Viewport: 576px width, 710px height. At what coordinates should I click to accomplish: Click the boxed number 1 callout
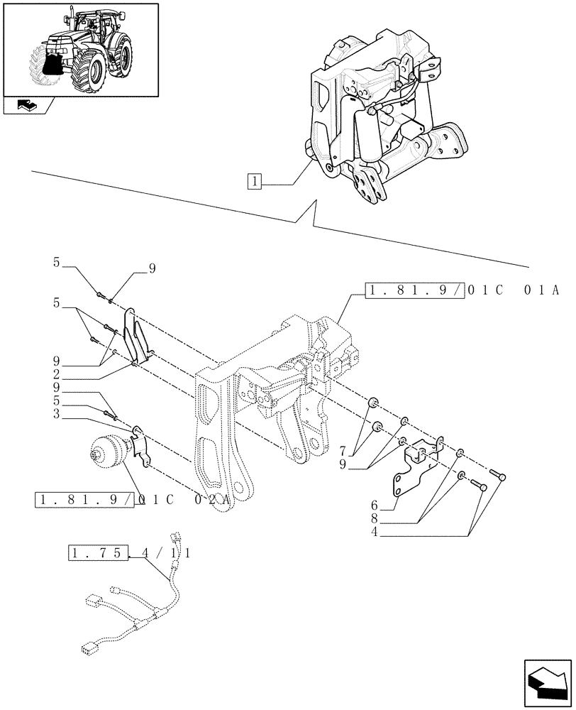tap(255, 181)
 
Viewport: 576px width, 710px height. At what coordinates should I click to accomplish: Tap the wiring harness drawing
tap(142, 611)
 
